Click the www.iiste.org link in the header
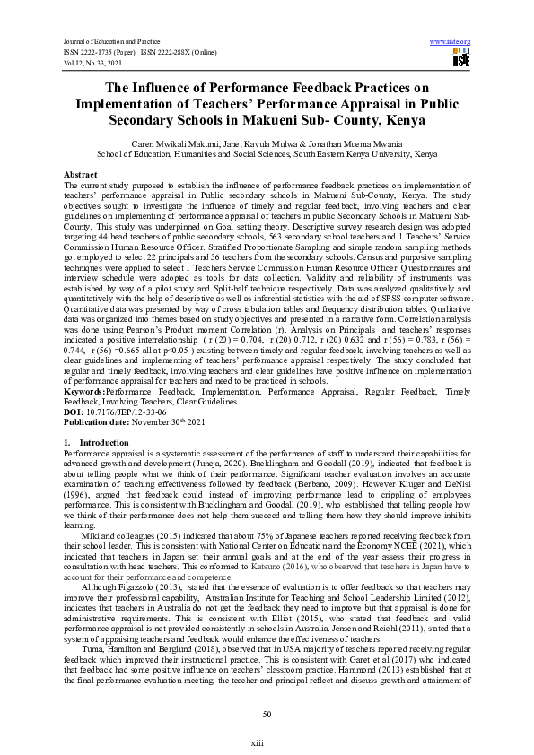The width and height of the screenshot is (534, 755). click(x=451, y=42)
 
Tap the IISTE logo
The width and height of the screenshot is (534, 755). click(x=461, y=59)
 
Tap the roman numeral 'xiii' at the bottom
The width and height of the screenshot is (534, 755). click(x=267, y=743)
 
